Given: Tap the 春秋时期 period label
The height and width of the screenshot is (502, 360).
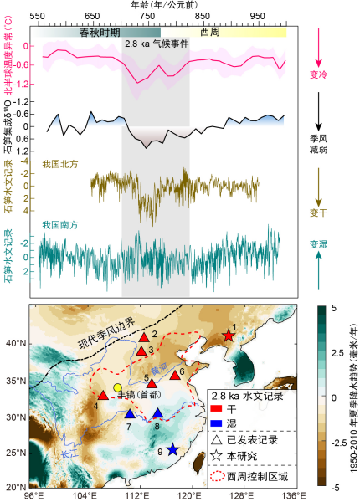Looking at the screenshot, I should pyautogui.click(x=100, y=31).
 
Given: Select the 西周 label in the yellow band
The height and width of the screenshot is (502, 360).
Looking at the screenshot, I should pyautogui.click(x=212, y=31).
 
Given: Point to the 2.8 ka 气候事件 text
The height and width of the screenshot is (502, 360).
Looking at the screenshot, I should pyautogui.click(x=156, y=43).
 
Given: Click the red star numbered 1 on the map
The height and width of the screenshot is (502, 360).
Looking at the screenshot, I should pyautogui.click(x=228, y=336).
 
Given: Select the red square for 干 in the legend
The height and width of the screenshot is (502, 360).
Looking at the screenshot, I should pyautogui.click(x=215, y=407).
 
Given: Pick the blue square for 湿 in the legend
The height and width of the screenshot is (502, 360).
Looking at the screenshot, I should pyautogui.click(x=215, y=423).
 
